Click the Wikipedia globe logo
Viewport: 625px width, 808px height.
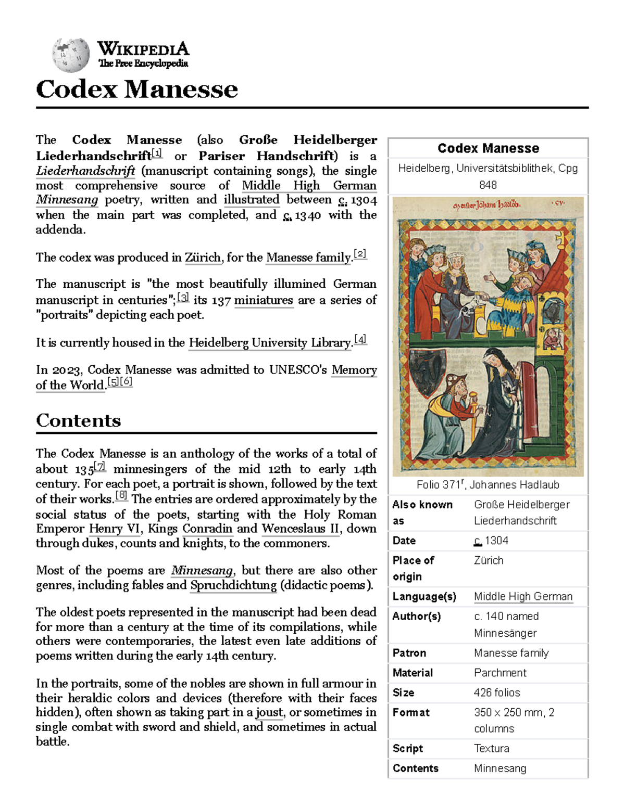click(x=70, y=55)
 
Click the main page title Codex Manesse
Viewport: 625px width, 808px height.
click(x=136, y=89)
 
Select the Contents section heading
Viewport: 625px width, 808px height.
click(x=78, y=420)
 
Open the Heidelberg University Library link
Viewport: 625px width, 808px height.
click(x=270, y=343)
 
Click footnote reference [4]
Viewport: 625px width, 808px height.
click(x=360, y=340)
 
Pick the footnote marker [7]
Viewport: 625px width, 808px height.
click(x=100, y=466)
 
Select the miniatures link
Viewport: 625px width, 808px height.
click(x=264, y=300)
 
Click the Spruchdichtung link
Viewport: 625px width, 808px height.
click(x=233, y=585)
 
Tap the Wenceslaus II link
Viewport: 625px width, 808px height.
click(x=301, y=529)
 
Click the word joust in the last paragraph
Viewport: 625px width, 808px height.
click(x=270, y=712)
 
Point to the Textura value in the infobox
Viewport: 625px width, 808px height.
click(x=491, y=748)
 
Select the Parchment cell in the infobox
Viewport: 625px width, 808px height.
click(x=500, y=673)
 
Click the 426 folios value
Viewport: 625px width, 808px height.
click(x=496, y=692)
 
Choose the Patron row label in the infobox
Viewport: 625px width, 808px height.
click(x=409, y=653)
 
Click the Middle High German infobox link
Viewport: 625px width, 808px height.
click(x=523, y=597)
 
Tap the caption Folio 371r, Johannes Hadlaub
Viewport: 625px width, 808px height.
click(x=488, y=485)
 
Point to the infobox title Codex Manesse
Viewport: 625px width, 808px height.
click(x=488, y=148)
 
